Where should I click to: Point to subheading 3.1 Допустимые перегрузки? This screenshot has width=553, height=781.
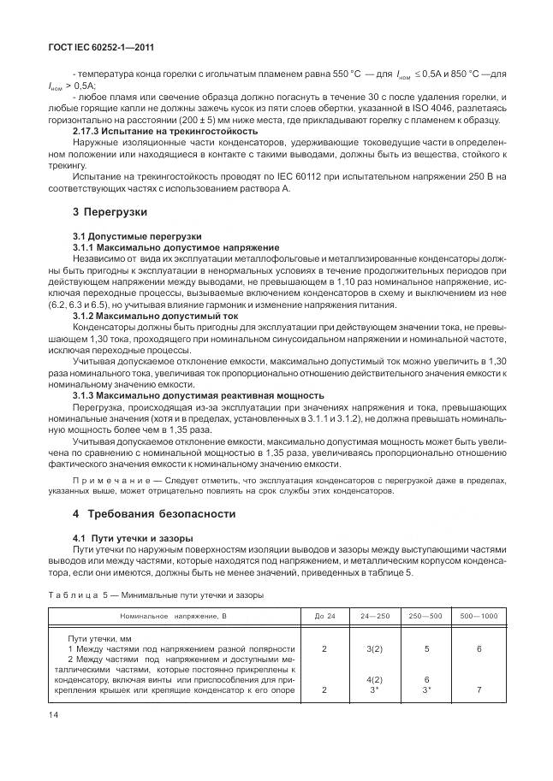coord(137,234)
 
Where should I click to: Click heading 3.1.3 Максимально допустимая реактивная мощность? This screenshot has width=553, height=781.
coord(199,395)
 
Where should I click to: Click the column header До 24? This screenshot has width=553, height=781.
coord(324,616)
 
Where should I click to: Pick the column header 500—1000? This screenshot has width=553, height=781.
coord(479,616)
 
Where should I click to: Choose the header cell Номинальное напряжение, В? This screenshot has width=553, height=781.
coord(173,616)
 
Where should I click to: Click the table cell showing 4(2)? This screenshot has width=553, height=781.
coord(375,680)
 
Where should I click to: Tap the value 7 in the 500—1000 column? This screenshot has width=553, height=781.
coord(479,689)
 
